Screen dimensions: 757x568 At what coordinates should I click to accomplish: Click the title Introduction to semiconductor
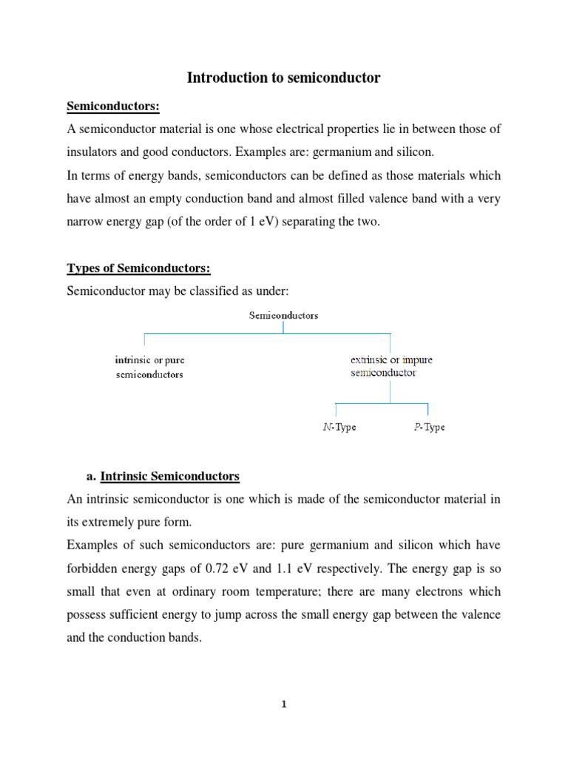click(283, 77)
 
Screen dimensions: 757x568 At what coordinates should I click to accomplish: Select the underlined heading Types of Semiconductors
click(133, 267)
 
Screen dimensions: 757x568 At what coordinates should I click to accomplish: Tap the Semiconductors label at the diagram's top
click(284, 315)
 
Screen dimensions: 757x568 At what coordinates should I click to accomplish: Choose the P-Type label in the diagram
click(429, 427)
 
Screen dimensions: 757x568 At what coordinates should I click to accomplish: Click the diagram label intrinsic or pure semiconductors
click(150, 367)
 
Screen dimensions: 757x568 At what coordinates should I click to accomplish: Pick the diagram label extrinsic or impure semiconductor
click(391, 366)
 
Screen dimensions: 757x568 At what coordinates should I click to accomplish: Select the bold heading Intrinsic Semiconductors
click(170, 475)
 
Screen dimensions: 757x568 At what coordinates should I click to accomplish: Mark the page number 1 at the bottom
click(283, 704)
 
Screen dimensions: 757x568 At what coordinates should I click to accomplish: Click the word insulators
click(94, 152)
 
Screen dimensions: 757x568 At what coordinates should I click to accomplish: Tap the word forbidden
click(94, 568)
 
